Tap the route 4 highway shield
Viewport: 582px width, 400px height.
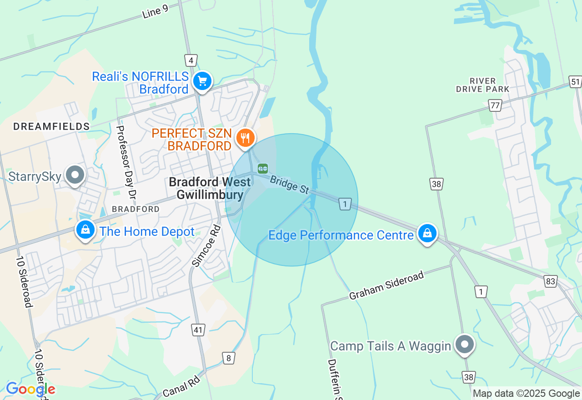[x=191, y=60]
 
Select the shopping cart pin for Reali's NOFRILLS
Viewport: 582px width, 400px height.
[x=202, y=82]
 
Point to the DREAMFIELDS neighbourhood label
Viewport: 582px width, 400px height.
[x=51, y=126]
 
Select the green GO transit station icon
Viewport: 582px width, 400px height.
[x=263, y=169]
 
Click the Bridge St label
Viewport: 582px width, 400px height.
[x=290, y=185]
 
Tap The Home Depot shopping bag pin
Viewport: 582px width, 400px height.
[x=85, y=230]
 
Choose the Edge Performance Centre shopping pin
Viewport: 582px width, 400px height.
[x=427, y=234]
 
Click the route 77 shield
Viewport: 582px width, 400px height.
[x=495, y=106]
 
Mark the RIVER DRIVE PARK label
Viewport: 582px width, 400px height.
[x=482, y=85]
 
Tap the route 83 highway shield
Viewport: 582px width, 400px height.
[x=551, y=281]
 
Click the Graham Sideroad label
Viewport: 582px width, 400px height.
[x=386, y=285]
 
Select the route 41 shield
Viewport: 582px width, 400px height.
[x=198, y=330]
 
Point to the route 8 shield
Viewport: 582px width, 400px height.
[x=229, y=358]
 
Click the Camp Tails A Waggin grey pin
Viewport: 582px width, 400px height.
[x=464, y=344]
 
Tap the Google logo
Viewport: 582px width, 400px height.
[x=30, y=389]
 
